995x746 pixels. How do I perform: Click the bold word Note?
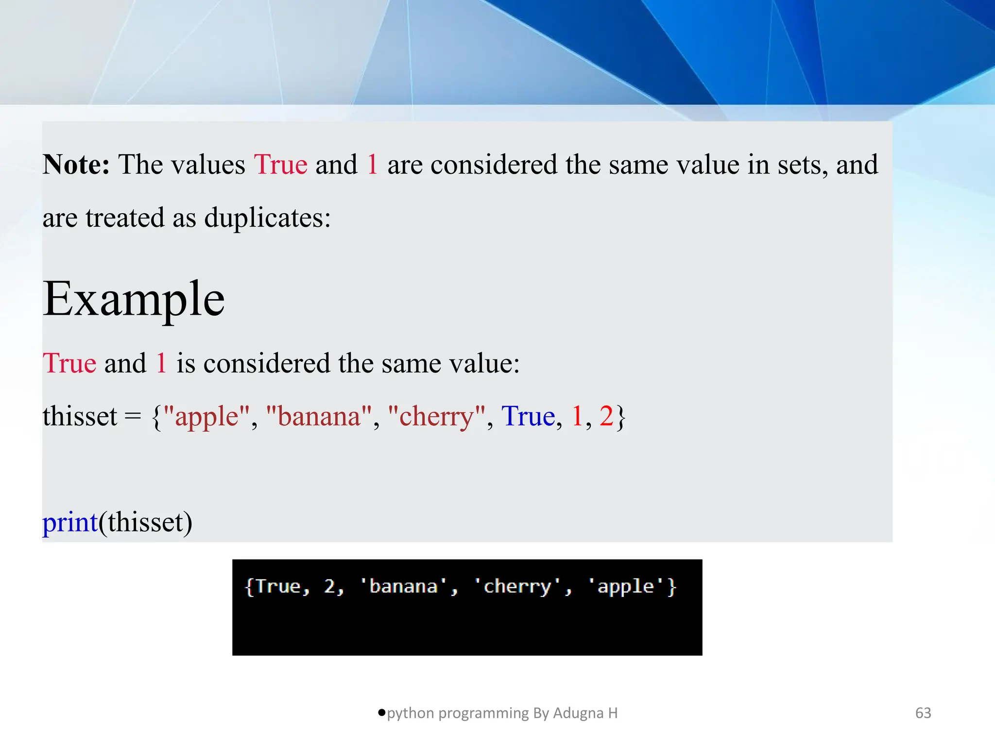76,165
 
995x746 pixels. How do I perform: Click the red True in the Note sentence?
281,165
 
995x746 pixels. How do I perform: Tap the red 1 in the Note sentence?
373,165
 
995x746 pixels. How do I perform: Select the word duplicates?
267,218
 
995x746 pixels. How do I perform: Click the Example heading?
134,299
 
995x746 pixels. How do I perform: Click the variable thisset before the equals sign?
80,417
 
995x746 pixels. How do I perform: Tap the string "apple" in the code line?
207,417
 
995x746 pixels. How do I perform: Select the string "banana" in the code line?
319,417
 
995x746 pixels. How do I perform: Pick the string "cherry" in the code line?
437,417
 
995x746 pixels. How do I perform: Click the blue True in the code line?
528,417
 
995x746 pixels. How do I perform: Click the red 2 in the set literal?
606,417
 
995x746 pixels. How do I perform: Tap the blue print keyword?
70,523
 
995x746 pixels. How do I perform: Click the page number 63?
923,713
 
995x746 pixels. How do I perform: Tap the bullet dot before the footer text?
381,712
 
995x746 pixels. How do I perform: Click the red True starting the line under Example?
69,364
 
